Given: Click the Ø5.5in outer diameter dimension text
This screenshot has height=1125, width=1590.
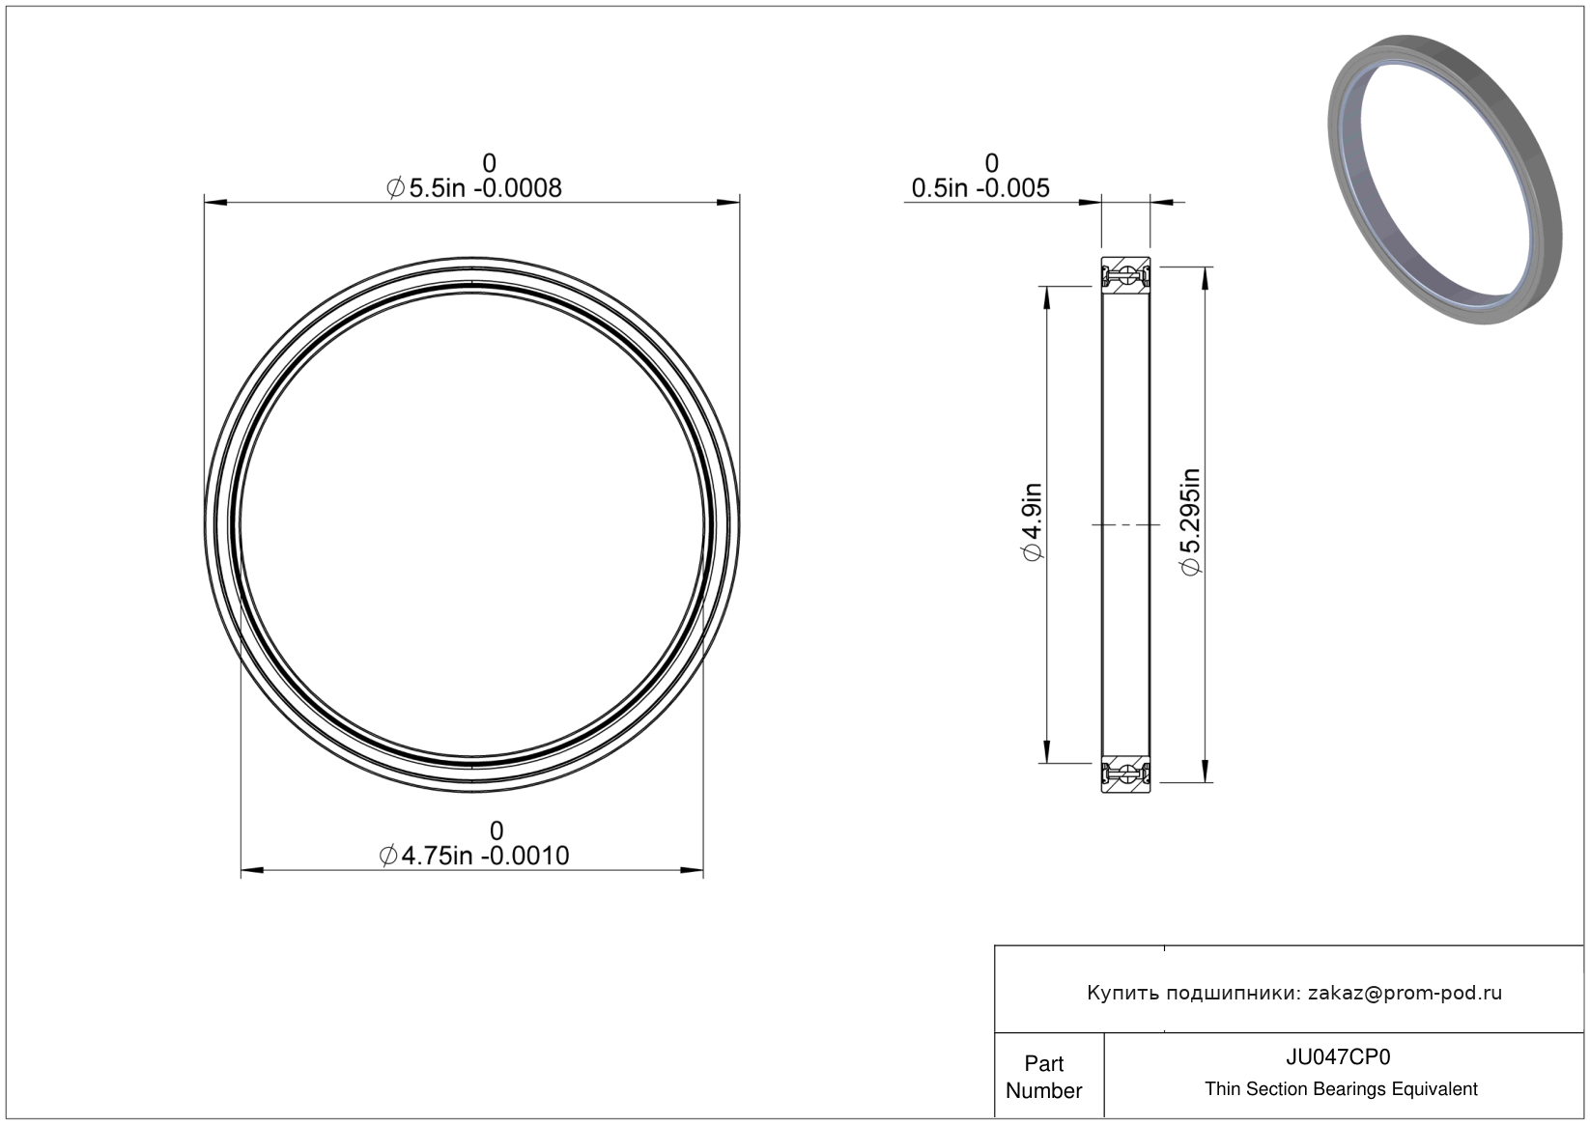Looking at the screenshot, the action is (473, 188).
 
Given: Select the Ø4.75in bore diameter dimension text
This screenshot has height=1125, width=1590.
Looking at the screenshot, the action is (473, 856).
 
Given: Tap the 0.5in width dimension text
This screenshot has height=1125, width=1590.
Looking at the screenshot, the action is (980, 188).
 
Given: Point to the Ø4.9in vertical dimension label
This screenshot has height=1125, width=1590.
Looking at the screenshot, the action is (1032, 521).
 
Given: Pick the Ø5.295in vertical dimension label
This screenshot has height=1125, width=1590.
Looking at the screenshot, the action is (1190, 521).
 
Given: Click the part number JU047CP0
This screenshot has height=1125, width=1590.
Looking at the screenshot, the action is (1338, 1057).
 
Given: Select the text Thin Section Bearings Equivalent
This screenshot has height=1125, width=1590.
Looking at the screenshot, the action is (1341, 1089).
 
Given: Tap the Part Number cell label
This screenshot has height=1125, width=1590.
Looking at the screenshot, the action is (1043, 1077).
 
